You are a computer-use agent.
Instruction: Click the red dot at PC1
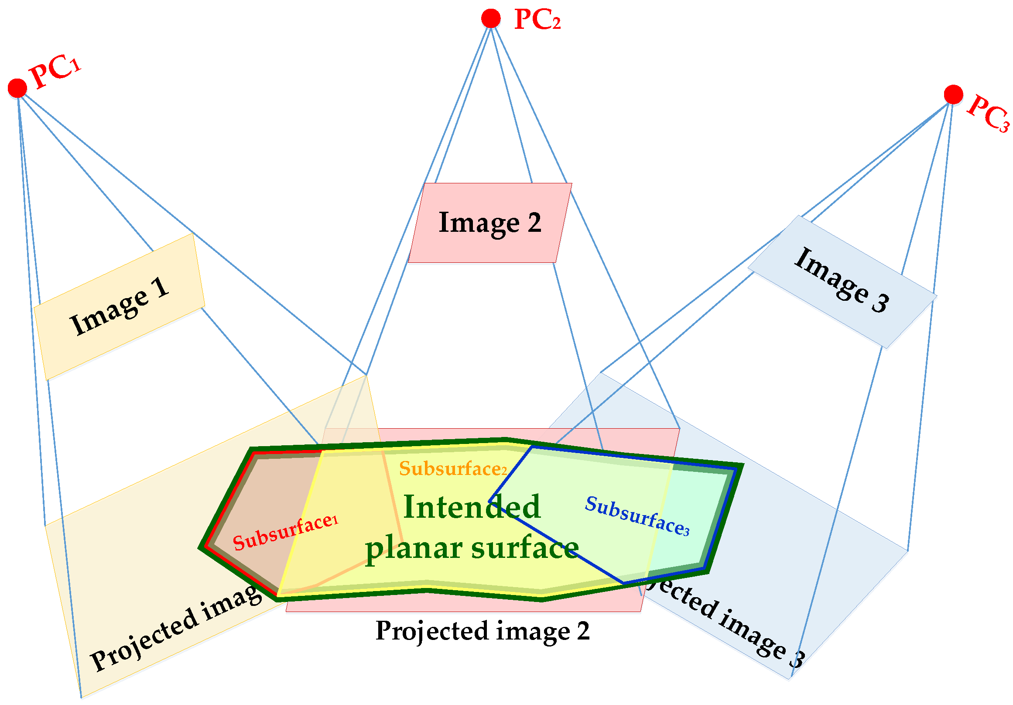(17, 88)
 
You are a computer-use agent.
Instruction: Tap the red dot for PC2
(491, 18)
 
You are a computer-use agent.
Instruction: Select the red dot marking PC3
(953, 94)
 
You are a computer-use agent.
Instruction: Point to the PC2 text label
(537, 20)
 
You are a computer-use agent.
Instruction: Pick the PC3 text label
(988, 113)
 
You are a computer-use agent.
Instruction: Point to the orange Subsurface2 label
(453, 468)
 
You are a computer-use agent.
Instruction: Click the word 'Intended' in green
(472, 507)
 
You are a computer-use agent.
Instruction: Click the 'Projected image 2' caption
(482, 631)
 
